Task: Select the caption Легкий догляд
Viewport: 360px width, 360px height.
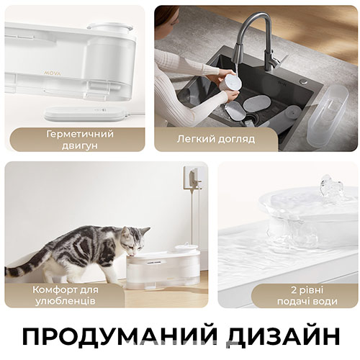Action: click(216, 139)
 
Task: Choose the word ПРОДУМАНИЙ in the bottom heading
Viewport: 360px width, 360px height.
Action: click(112, 337)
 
